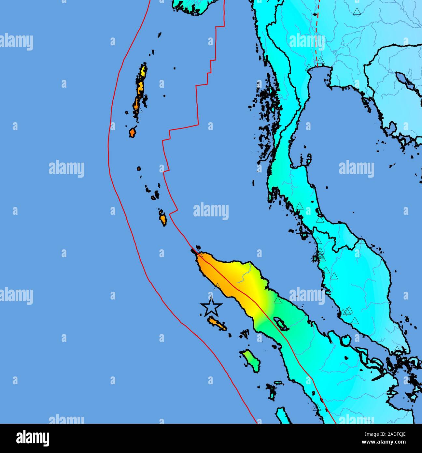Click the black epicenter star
coord(211,307)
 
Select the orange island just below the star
coord(217,324)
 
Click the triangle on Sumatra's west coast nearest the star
coord(217,287)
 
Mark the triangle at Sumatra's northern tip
coord(200,254)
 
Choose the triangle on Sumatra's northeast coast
coord(277,300)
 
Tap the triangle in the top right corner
coord(357,12)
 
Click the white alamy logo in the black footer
coord(33,438)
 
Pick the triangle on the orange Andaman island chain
coord(140,109)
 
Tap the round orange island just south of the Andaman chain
coord(132,133)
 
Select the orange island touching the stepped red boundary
coord(162,218)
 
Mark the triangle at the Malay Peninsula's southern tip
coord(397,350)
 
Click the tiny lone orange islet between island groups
coord(139,168)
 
